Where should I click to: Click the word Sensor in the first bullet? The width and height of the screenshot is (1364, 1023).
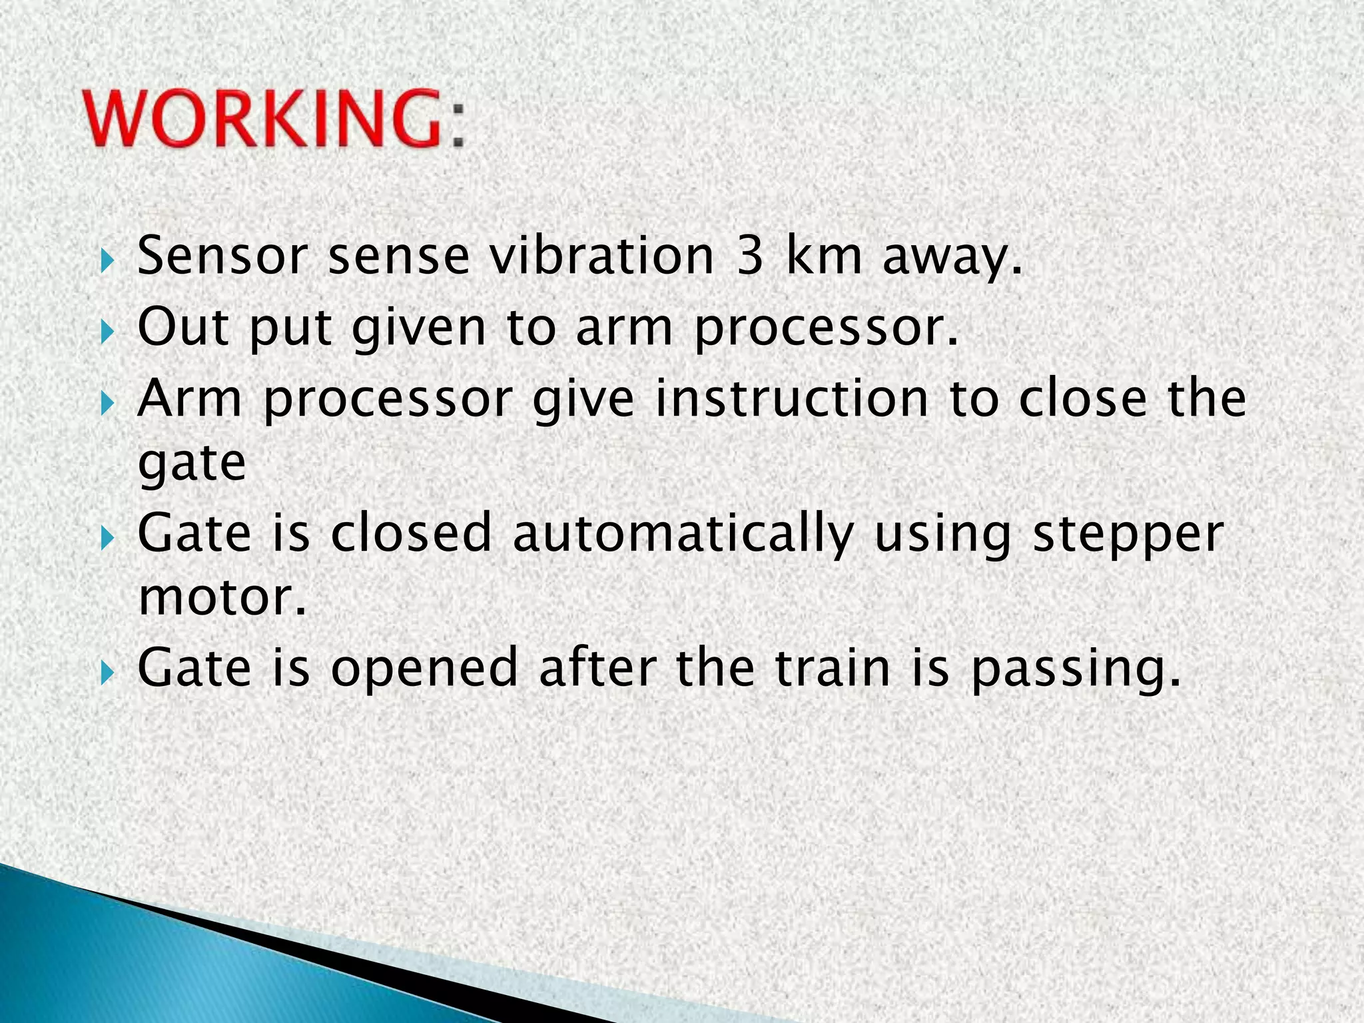point(222,256)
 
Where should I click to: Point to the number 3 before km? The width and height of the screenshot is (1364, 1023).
point(750,256)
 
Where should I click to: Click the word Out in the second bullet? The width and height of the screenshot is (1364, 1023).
point(182,328)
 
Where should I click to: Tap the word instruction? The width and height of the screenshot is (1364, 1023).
point(792,399)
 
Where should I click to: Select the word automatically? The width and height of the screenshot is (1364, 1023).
point(683,534)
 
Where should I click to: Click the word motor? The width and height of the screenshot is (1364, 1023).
point(222,597)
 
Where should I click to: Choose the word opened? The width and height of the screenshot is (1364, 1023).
point(424,669)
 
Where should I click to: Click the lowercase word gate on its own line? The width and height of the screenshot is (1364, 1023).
point(192,464)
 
